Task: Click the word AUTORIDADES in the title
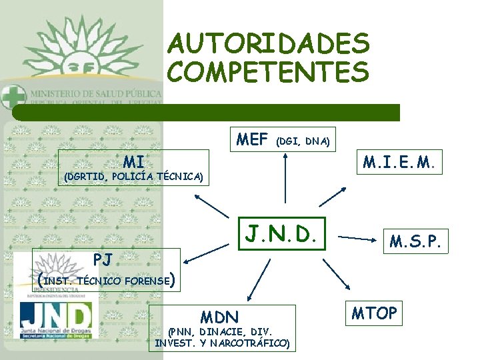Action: point(268,44)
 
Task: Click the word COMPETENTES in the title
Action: point(268,71)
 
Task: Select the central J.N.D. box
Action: point(284,234)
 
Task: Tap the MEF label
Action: point(252,140)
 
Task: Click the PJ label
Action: point(103,259)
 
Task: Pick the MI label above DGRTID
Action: point(133,161)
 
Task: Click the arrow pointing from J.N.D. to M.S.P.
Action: point(361,237)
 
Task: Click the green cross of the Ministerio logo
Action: point(12,96)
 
